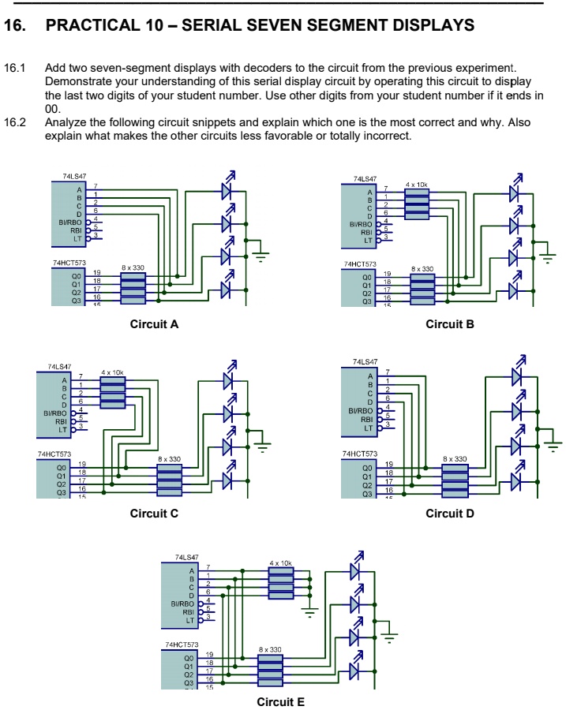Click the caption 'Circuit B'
(449, 324)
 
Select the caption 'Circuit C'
(154, 514)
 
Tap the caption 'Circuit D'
(449, 514)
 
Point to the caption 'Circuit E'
(280, 701)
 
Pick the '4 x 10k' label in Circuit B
(416, 184)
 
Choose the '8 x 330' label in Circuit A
(133, 269)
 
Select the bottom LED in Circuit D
(517, 480)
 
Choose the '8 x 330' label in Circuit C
(169, 458)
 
